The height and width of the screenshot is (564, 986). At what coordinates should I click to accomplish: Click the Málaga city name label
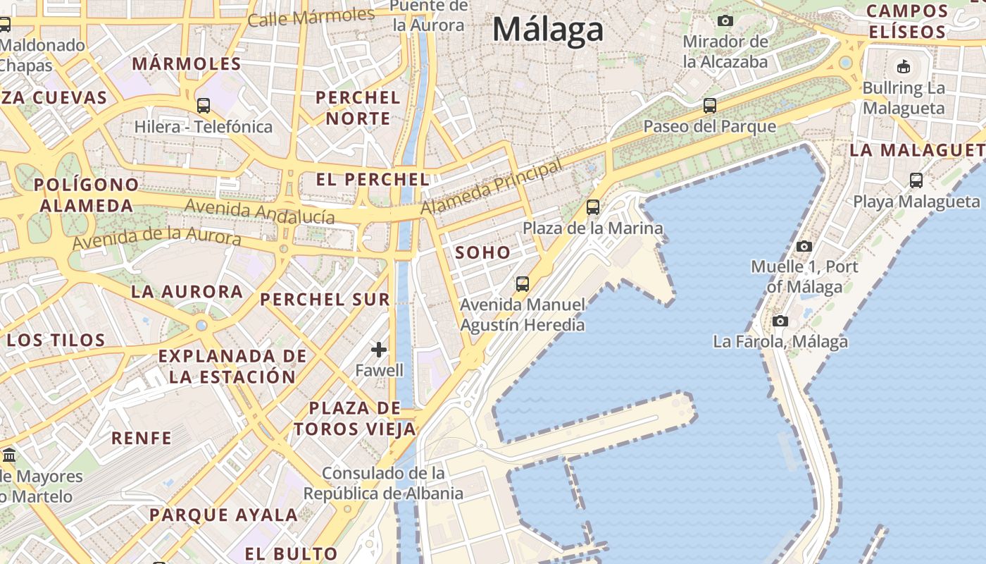click(x=548, y=30)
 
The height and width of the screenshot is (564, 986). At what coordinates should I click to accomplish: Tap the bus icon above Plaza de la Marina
click(x=593, y=207)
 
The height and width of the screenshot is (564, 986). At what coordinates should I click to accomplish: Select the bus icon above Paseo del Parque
click(x=710, y=106)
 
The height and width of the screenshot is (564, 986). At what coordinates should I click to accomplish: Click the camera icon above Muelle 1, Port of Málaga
click(x=804, y=246)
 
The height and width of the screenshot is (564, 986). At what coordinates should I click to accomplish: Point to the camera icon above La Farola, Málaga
click(x=780, y=321)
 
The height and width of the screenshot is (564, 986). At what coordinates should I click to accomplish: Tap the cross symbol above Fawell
click(x=379, y=349)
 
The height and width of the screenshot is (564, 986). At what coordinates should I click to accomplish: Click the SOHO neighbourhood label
click(x=482, y=252)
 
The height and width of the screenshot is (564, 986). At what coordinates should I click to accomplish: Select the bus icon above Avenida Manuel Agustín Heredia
click(x=523, y=284)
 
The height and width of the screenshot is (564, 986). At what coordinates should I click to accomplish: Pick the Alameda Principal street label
click(x=492, y=188)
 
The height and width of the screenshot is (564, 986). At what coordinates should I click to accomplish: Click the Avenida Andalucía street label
click(x=259, y=211)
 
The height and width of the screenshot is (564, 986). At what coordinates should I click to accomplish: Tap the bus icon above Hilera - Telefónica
click(x=204, y=106)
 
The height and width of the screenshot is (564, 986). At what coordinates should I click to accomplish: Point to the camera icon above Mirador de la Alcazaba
click(x=725, y=21)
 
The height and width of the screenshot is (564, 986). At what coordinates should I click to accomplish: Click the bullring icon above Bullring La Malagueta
click(x=904, y=67)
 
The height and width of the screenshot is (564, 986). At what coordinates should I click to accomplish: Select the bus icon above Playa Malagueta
click(x=916, y=180)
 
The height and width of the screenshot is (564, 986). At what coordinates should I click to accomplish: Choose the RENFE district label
click(x=142, y=438)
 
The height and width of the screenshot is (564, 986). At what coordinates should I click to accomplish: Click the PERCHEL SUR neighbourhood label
click(x=325, y=299)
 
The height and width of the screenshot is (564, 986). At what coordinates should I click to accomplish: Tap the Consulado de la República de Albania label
click(x=383, y=483)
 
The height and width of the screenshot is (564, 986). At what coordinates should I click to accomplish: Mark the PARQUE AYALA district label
click(x=223, y=515)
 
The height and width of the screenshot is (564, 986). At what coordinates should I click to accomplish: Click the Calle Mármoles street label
click(x=311, y=17)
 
